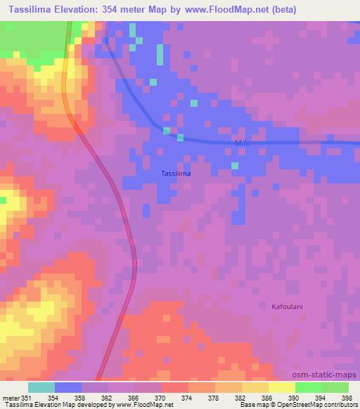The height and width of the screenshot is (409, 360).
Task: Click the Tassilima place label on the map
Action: (176, 173)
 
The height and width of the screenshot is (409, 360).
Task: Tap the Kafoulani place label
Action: (287, 306)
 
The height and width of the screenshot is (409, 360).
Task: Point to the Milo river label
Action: (242, 143)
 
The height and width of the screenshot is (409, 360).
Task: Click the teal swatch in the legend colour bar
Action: (41, 387)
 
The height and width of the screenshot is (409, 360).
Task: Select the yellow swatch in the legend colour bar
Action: (282, 387)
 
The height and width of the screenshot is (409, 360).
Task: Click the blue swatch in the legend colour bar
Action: (68, 387)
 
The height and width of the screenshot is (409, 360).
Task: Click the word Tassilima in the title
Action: (27, 10)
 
